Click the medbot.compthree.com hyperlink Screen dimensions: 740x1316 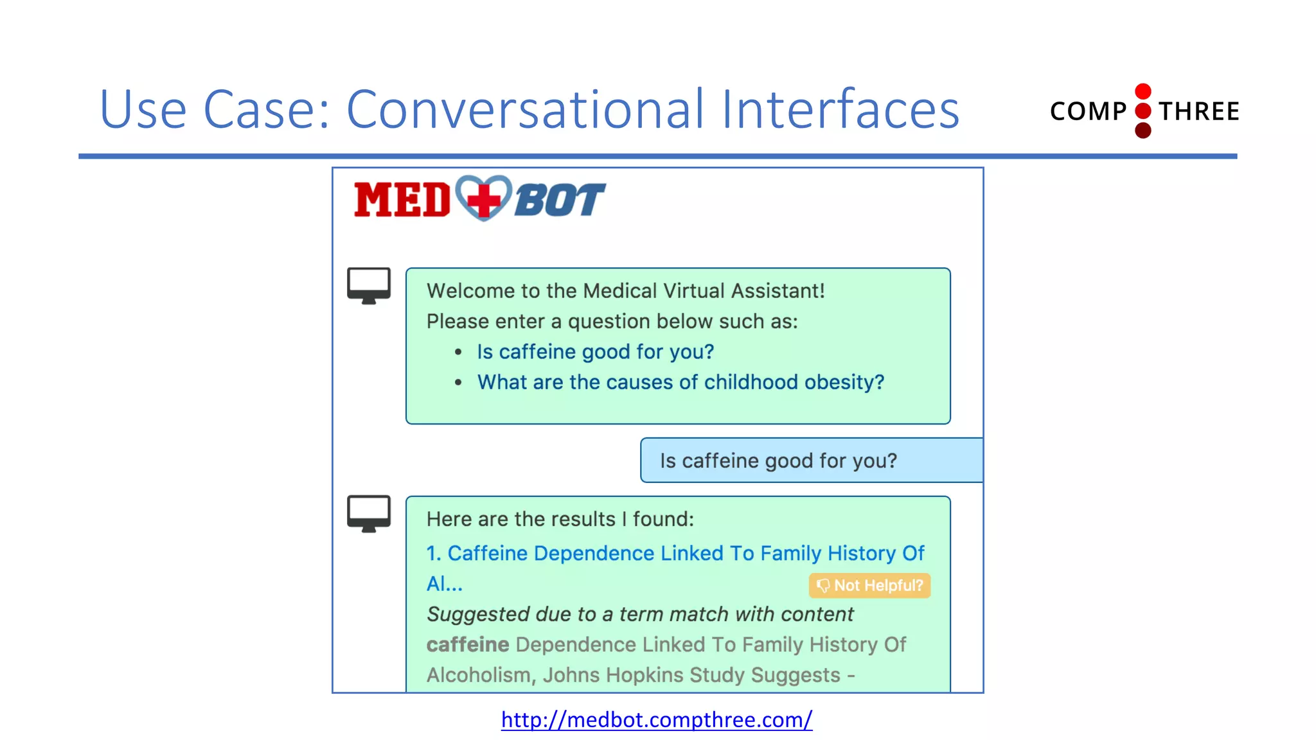[x=656, y=719]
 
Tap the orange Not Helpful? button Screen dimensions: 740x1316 [x=869, y=585]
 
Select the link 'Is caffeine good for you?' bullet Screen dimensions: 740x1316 [x=595, y=352]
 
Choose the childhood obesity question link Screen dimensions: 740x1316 [x=680, y=382]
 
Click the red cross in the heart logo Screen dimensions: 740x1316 [x=484, y=199]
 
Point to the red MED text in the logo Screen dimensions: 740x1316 [x=402, y=200]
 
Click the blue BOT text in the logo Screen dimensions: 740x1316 [x=560, y=200]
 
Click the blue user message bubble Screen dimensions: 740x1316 [x=811, y=461]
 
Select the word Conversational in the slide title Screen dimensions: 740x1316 [x=525, y=109]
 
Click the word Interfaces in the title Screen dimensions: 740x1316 [x=840, y=109]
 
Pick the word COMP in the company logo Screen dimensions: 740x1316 [x=1088, y=112]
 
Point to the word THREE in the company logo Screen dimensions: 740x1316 [x=1199, y=112]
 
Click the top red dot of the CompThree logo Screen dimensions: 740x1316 [x=1143, y=91]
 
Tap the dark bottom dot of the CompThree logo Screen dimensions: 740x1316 [x=1143, y=131]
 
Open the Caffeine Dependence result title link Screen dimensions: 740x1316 [x=675, y=554]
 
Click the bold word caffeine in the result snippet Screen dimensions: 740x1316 [x=468, y=644]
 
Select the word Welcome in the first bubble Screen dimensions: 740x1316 [x=470, y=291]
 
